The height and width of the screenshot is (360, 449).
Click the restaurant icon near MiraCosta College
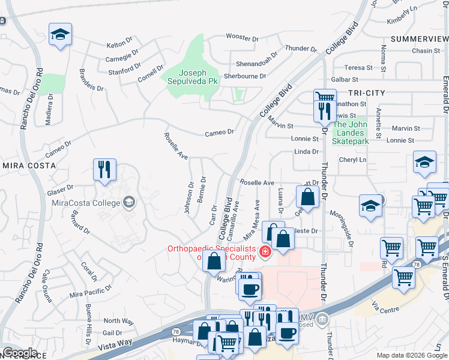104,170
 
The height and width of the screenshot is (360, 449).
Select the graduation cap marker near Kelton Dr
60,34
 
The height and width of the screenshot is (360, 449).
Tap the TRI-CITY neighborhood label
366,93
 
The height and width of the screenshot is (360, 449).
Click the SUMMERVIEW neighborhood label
418,38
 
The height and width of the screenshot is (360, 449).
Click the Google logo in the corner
19,353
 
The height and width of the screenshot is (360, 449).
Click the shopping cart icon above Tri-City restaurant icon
324,96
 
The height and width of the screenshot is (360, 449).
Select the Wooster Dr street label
242,38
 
